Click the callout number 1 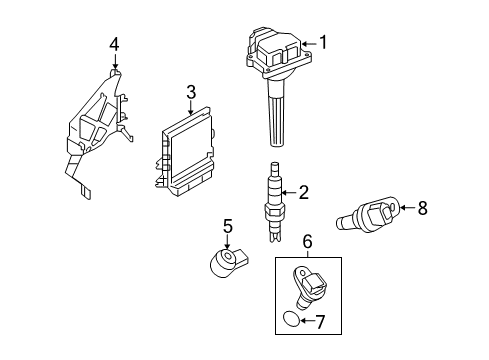click(322, 42)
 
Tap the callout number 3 click(189, 92)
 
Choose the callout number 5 click(227, 227)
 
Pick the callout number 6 click(307, 241)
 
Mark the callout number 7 click(320, 321)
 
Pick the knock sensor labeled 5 click(223, 263)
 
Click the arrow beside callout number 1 click(308, 43)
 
